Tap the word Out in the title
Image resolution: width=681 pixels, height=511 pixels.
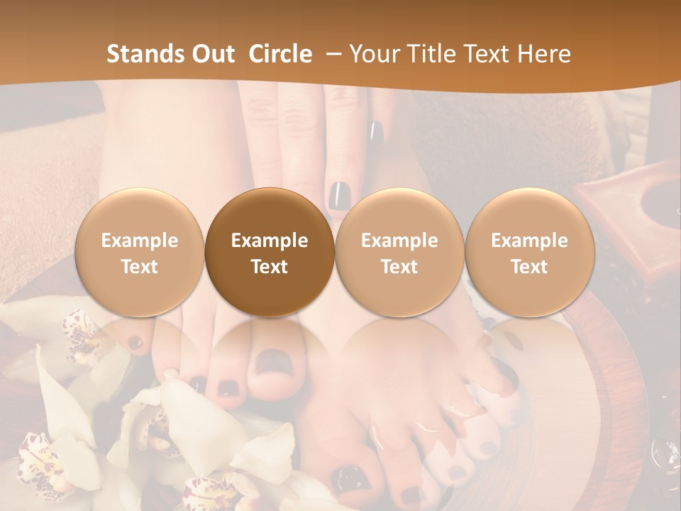click(210, 54)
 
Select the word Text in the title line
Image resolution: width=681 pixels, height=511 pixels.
click(484, 54)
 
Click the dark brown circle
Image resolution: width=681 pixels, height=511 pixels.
click(270, 252)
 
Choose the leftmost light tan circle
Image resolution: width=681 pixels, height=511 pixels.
click(140, 252)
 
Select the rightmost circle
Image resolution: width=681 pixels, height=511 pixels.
click(529, 252)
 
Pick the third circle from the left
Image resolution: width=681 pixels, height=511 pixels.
click(399, 252)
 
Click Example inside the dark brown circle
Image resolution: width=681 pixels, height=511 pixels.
click(270, 241)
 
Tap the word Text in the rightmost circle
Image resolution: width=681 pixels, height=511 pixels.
click(529, 267)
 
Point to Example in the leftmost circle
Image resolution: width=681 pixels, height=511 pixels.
click(140, 241)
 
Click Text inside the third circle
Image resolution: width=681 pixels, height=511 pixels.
click(399, 267)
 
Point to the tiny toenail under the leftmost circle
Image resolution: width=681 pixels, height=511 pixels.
click(135, 342)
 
